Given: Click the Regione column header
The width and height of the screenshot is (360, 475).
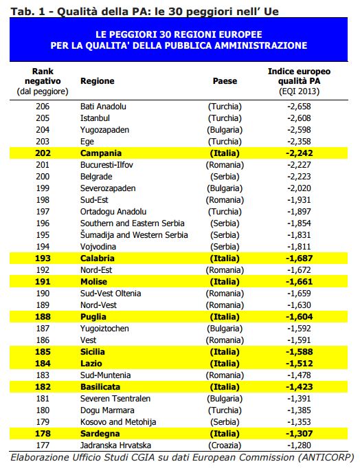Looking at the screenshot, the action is [x=97, y=81].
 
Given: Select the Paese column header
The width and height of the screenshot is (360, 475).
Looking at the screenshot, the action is [x=225, y=81].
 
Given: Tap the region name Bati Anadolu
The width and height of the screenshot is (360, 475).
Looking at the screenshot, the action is [x=103, y=107].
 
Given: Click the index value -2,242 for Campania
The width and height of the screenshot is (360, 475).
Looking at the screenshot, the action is [x=299, y=153].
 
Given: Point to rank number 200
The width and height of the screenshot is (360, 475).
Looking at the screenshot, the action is [x=43, y=177].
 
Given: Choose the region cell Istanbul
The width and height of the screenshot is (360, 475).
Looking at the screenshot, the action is [x=95, y=118].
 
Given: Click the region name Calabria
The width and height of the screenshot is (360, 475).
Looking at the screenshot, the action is [x=98, y=258].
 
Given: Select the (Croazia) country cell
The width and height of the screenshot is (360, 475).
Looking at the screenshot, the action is [x=225, y=445].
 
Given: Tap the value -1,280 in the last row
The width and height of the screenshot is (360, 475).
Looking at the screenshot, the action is [x=299, y=445].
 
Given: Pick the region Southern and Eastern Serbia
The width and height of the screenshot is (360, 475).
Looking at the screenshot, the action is [x=133, y=223].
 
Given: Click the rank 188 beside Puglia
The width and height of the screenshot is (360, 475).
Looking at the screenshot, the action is [x=43, y=317].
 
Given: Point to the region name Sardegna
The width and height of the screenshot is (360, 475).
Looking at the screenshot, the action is [x=100, y=434].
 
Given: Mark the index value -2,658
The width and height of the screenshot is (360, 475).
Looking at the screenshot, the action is [x=299, y=107].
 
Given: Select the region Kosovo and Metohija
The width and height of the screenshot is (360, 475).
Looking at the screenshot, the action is [x=118, y=422].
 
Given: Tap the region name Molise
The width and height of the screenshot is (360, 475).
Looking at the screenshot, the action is [x=93, y=282].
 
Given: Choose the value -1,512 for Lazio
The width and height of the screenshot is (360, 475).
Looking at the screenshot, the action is [x=299, y=364].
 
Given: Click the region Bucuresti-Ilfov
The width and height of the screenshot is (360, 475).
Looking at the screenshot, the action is [x=106, y=165].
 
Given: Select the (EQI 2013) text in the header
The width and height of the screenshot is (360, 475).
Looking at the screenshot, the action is [x=299, y=91].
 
